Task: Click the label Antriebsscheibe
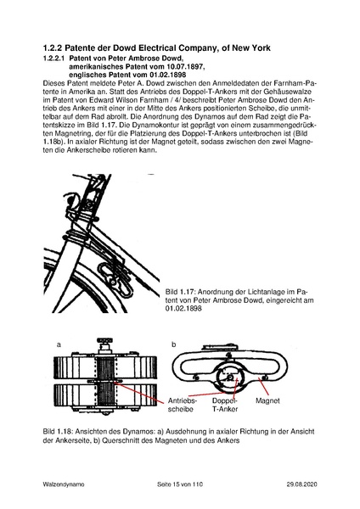[x=184, y=403]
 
